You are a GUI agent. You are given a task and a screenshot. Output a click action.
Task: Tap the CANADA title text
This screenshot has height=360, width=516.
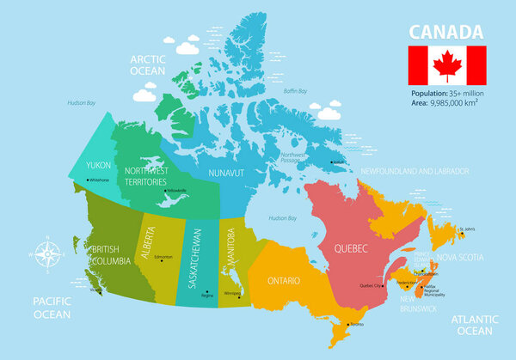(445, 32)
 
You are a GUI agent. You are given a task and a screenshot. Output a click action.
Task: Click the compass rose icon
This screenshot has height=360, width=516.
(47, 253)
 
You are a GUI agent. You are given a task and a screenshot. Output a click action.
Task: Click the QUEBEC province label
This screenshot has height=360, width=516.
(351, 248)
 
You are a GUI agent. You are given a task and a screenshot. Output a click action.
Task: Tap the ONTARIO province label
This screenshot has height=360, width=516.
(284, 281)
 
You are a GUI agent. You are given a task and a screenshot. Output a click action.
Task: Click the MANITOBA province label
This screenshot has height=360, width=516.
(230, 247)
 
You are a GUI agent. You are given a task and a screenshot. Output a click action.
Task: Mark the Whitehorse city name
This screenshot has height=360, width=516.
(100, 180)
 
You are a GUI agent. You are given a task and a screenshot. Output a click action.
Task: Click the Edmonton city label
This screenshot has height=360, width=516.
(163, 256)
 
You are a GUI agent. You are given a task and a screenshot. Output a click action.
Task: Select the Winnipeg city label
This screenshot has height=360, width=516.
(231, 293)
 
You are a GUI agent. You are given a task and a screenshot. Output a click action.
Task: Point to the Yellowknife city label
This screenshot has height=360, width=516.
(175, 190)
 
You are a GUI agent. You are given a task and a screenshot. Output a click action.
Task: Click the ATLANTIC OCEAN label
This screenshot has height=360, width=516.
(474, 326)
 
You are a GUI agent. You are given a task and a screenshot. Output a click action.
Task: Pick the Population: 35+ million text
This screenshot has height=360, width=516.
(447, 92)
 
